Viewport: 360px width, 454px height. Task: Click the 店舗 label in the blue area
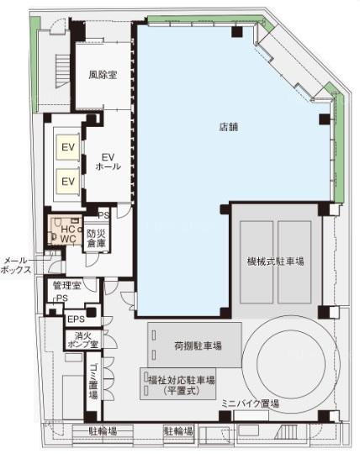pos(229,126)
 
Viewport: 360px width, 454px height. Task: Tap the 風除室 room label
pos(103,75)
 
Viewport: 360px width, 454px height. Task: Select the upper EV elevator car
pos(68,147)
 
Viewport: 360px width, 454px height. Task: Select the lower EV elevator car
pos(68,182)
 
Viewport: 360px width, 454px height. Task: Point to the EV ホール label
pos(108,161)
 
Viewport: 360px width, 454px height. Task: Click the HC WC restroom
pos(65,230)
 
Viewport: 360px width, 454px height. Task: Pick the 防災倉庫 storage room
pos(97,238)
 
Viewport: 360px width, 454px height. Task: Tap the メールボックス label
pos(16,265)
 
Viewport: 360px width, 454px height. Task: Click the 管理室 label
pos(66,286)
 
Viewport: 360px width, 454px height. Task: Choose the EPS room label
pos(76,319)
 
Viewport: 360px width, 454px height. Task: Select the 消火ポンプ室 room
pos(82,340)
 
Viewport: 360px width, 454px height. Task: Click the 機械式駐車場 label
pos(275,261)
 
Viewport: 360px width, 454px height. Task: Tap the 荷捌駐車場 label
pos(199,346)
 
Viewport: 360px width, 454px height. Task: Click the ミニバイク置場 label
pos(250,404)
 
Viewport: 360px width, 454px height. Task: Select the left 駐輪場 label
pos(103,431)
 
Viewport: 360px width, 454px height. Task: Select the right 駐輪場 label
pos(178,431)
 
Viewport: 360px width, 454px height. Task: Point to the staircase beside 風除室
pos(62,71)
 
